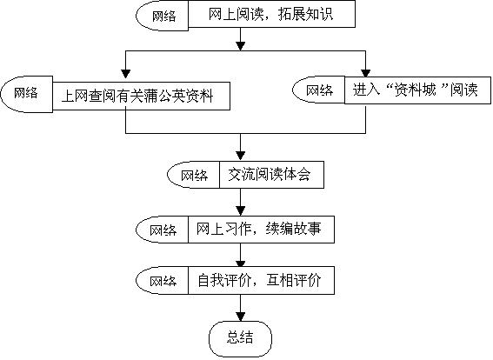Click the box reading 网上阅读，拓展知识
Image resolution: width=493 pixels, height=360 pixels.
pyautogui.click(x=271, y=14)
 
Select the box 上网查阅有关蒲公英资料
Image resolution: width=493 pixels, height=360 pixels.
pyautogui.click(x=141, y=96)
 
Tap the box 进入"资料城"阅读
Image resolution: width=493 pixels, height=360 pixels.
pyautogui.click(x=417, y=90)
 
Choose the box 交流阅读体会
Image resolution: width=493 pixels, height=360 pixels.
pyautogui.click(x=271, y=175)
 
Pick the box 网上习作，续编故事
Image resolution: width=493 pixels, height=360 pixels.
pyautogui.click(x=261, y=230)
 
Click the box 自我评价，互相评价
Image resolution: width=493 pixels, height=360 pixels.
pyautogui.click(x=261, y=281)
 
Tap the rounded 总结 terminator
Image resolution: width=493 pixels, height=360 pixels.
pyautogui.click(x=240, y=338)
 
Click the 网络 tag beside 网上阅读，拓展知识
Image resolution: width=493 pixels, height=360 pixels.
pyautogui.click(x=163, y=16)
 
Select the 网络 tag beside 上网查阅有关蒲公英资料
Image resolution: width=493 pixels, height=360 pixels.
pyautogui.click(x=27, y=94)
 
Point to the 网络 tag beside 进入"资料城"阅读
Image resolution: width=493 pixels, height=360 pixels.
pyautogui.click(x=319, y=90)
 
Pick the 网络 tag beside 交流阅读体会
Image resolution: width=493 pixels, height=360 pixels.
pyautogui.click(x=193, y=175)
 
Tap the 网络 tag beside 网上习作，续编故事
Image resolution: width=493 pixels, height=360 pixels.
pyautogui.click(x=163, y=230)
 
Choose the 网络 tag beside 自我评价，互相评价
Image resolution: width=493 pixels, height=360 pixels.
pyautogui.click(x=163, y=281)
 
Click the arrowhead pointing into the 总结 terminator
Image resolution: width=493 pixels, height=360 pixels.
pyautogui.click(x=240, y=317)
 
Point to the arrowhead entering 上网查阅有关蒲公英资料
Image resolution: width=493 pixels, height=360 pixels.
pyautogui.click(x=126, y=74)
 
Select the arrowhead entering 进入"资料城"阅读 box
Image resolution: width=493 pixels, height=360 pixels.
pyautogui.click(x=365, y=73)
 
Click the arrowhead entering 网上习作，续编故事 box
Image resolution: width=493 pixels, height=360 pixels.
pyautogui.click(x=240, y=211)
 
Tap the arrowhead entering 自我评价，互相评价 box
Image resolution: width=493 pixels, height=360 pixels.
pyautogui.click(x=240, y=263)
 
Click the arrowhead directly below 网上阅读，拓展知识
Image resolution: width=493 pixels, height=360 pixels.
pyautogui.click(x=240, y=46)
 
